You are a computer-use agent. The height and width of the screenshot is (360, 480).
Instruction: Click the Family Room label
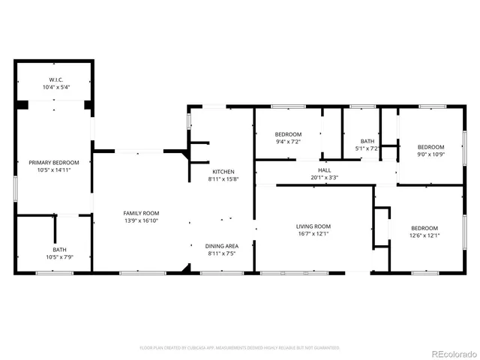(141, 213)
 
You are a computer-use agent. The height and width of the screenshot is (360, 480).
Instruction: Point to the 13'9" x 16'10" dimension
(141, 221)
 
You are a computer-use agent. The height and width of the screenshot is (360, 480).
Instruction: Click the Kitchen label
(223, 172)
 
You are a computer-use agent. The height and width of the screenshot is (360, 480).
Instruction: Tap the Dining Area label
(223, 246)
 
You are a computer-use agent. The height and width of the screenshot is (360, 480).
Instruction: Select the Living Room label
(313, 226)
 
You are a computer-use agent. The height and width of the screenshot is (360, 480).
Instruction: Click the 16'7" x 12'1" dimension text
(313, 234)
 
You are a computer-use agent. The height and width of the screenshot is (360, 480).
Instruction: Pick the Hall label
(324, 170)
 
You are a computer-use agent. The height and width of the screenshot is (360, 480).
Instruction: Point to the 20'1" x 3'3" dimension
(324, 178)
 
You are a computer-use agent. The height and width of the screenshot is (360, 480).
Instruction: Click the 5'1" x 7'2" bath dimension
(367, 148)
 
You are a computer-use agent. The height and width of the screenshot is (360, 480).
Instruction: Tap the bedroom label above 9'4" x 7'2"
(288, 133)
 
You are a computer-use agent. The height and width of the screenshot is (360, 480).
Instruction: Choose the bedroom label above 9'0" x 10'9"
(430, 147)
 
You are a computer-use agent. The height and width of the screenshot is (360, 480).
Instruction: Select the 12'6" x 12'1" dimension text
(424, 235)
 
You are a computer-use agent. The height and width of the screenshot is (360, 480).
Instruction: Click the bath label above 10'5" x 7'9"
(59, 250)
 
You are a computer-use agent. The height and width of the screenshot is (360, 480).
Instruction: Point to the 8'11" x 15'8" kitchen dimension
(223, 179)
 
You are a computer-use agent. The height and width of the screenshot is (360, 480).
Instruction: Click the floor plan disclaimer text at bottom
(240, 348)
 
